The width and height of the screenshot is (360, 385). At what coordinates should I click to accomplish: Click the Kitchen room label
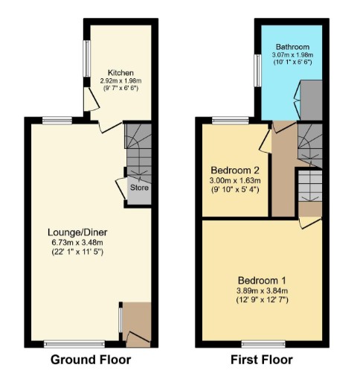[x=120, y=73]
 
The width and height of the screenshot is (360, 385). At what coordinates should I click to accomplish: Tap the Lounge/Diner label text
[x=77, y=232]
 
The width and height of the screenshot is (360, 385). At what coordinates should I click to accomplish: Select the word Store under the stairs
[x=139, y=188]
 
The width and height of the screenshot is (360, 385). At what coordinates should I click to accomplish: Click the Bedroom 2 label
[x=235, y=171]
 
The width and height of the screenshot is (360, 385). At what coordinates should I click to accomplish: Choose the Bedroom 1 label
[x=262, y=281]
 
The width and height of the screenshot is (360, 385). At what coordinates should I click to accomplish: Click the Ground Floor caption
[x=91, y=360]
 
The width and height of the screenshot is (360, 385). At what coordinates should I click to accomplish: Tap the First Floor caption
[x=262, y=360]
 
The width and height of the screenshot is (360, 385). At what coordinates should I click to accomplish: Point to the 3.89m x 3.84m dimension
[x=262, y=290]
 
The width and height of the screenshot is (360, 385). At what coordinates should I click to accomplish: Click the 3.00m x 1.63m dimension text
[x=235, y=180]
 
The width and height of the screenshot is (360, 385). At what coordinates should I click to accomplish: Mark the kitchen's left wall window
[x=87, y=59]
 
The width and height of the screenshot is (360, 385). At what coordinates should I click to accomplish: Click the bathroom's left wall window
[x=258, y=71]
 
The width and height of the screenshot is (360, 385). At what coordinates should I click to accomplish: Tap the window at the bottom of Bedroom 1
[x=263, y=344]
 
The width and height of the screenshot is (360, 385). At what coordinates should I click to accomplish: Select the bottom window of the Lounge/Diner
[x=74, y=344]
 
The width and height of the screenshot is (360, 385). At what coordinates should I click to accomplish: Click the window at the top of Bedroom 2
[x=231, y=121]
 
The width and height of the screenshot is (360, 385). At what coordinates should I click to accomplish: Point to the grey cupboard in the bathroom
[x=311, y=101]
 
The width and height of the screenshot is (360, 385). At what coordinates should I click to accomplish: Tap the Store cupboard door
[x=121, y=188]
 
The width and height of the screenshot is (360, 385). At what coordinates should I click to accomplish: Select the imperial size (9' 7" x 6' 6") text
[x=120, y=88]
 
